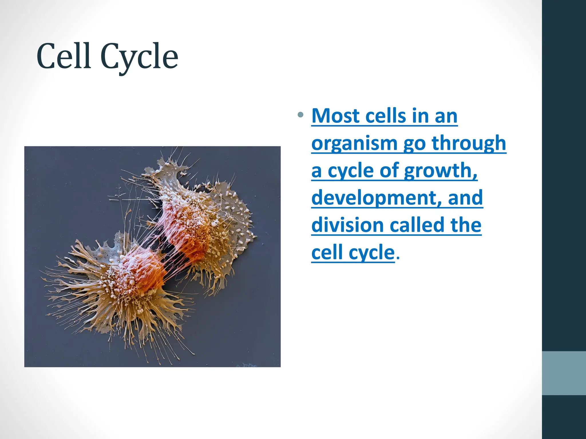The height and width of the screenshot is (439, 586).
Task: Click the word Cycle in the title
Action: tap(139, 57)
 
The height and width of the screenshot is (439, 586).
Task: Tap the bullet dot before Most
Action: tap(300, 115)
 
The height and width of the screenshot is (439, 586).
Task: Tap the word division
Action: tap(347, 225)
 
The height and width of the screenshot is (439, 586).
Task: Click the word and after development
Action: tap(465, 197)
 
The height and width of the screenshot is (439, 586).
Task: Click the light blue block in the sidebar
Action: tap(564, 373)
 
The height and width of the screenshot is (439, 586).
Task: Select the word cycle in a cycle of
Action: tap(350, 171)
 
